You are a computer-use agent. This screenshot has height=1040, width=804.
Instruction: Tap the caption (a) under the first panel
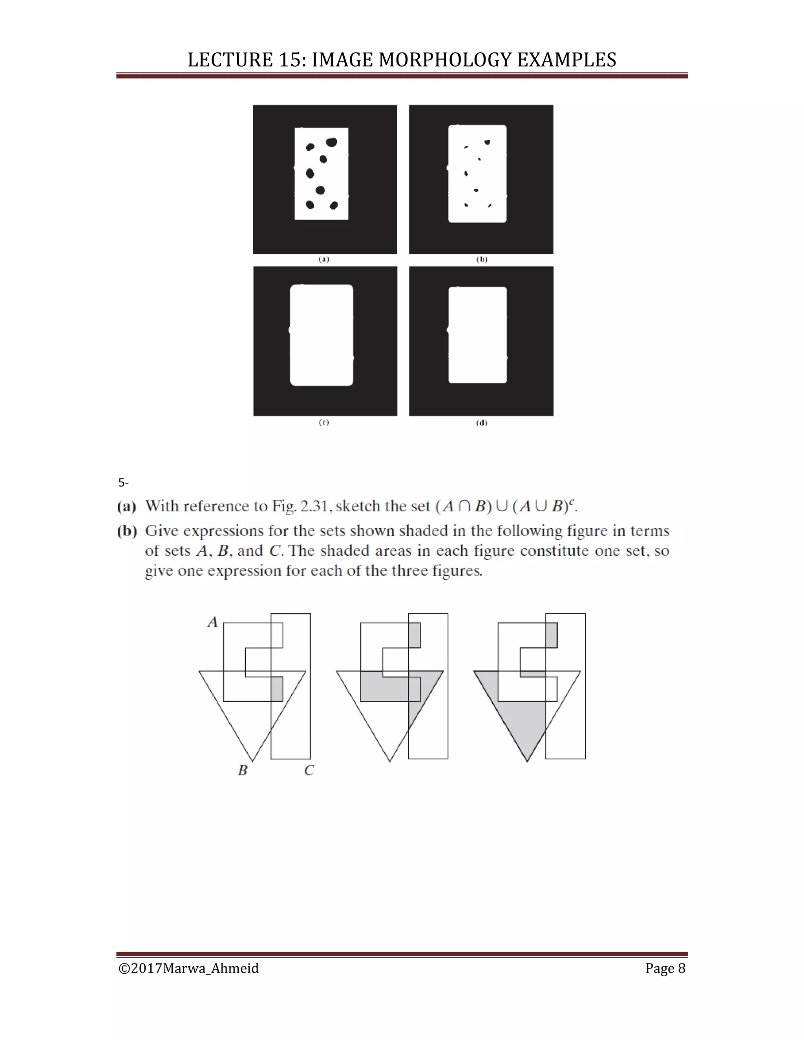[324, 259]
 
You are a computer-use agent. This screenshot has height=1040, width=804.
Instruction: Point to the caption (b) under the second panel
[482, 259]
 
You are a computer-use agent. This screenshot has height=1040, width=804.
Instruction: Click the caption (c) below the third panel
[324, 422]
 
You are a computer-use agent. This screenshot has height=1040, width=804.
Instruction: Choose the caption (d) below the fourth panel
[482, 423]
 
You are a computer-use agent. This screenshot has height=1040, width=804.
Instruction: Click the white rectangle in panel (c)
[322, 335]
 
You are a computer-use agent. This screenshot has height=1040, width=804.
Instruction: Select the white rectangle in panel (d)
[477, 335]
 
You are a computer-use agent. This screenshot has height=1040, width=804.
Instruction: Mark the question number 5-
[123, 483]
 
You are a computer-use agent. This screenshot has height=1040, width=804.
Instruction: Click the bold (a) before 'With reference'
[127, 506]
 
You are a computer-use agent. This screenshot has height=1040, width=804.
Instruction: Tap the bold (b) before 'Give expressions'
[127, 531]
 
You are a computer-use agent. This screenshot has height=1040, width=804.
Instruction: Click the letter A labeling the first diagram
[212, 622]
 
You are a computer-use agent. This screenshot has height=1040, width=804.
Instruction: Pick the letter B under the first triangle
[243, 770]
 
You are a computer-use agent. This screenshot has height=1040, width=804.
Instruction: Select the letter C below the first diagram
[309, 770]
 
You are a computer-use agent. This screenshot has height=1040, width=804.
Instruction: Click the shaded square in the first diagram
[277, 689]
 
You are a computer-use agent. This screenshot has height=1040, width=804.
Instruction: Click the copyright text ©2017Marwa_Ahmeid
[188, 968]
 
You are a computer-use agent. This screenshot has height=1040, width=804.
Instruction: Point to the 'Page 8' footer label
[665, 968]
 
